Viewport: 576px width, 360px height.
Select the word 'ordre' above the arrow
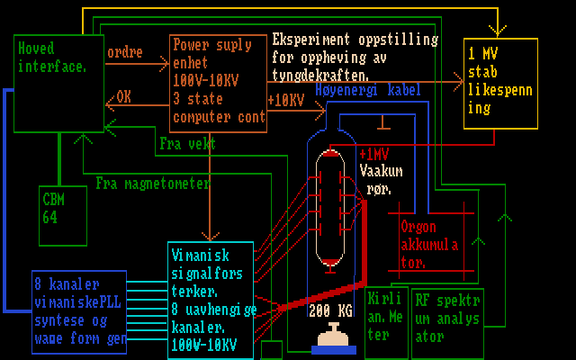(x=124, y=53)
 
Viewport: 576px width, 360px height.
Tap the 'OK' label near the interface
(x=123, y=94)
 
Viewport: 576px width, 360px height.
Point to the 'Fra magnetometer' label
(x=153, y=184)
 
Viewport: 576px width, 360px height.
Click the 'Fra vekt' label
(x=187, y=143)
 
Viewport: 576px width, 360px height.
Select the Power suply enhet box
(x=218, y=82)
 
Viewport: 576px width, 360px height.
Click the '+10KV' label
(x=286, y=101)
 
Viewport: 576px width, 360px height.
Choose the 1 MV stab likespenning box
(x=500, y=84)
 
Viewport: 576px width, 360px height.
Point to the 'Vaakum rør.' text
(x=381, y=178)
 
